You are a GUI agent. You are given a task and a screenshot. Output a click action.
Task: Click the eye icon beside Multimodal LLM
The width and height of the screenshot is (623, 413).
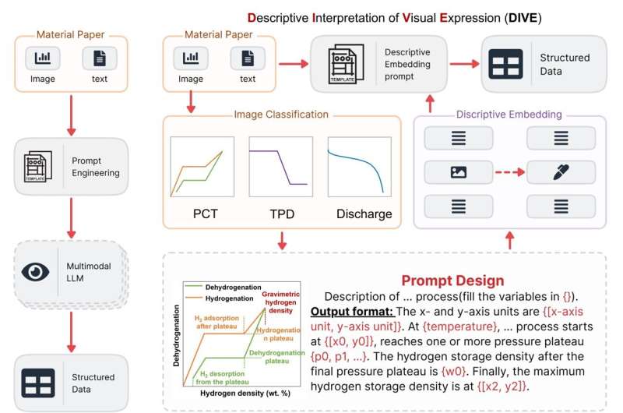click(x=36, y=271)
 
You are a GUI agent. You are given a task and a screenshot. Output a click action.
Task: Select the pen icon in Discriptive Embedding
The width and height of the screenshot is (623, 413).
click(x=561, y=172)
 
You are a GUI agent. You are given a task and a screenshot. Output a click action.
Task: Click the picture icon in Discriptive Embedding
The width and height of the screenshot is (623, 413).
click(x=458, y=172)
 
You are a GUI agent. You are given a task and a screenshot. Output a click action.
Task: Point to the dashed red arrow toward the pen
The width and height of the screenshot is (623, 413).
click(x=509, y=172)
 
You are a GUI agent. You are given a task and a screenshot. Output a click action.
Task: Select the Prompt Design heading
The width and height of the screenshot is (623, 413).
click(x=452, y=281)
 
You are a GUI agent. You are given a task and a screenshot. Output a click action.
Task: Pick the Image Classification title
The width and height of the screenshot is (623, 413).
click(x=281, y=115)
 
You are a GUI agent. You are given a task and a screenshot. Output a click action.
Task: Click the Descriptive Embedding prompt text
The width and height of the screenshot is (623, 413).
click(x=407, y=65)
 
